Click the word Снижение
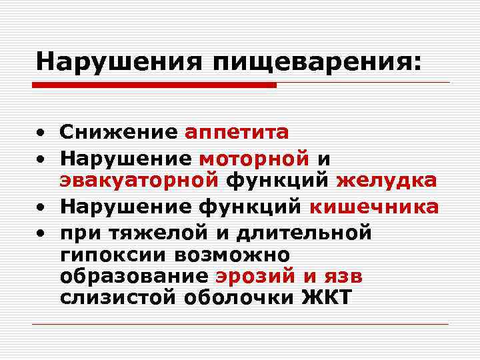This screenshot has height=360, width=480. (117, 132)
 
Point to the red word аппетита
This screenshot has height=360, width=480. (237, 132)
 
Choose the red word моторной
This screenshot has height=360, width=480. (254, 157)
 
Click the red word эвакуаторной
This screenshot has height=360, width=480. (139, 180)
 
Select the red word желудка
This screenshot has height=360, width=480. (387, 180)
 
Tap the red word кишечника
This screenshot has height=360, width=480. (374, 207)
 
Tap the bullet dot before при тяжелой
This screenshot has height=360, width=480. (41, 233)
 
